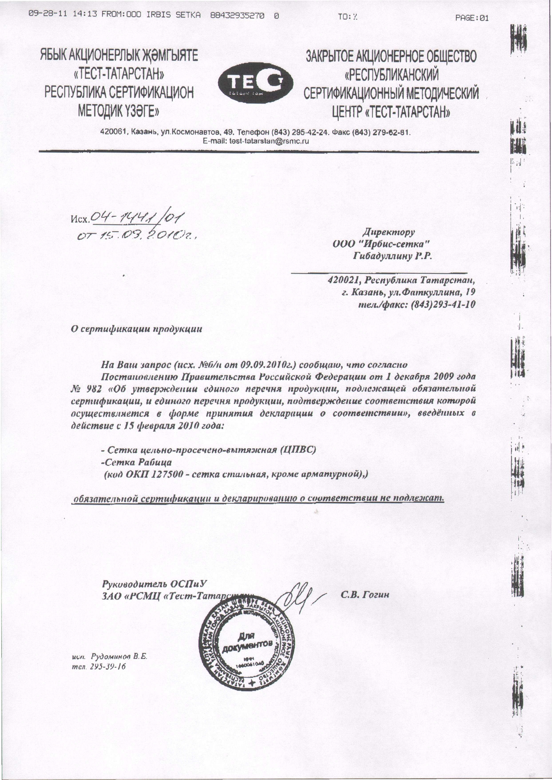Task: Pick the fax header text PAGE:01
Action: tap(472, 18)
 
